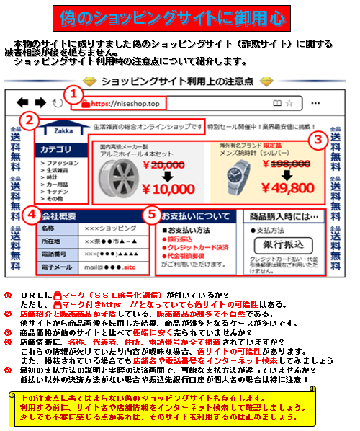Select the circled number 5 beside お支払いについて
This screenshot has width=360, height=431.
coord(151,215)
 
